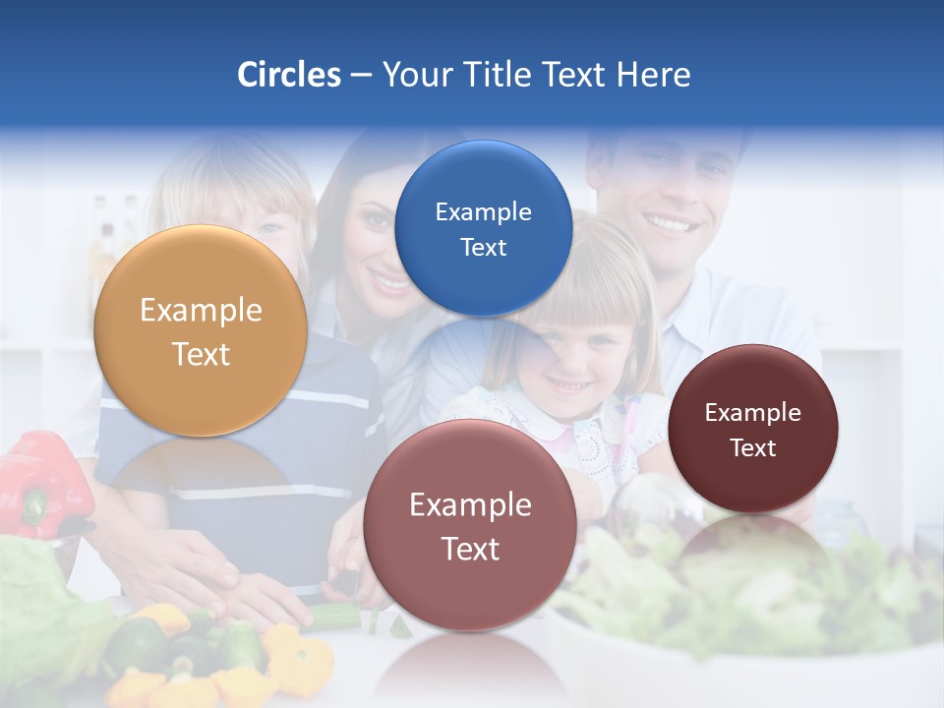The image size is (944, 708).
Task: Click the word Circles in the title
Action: (288, 75)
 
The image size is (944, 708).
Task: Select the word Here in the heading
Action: (653, 75)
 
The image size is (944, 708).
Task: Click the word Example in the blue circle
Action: (483, 212)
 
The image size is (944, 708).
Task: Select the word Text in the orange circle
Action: (201, 354)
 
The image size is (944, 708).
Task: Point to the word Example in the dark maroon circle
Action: (753, 413)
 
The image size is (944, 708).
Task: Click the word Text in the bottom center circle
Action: (470, 549)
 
